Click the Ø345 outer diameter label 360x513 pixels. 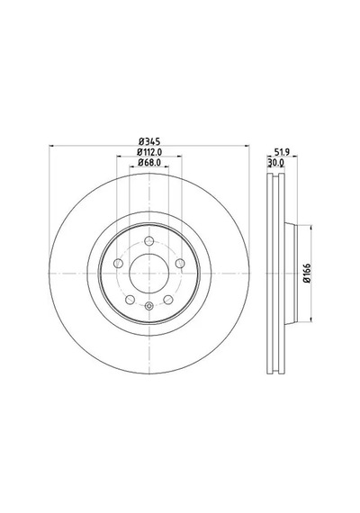149,141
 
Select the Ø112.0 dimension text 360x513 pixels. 149,152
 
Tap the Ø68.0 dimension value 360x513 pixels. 149,162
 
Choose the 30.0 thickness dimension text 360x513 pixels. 276,162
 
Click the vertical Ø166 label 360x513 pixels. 306,273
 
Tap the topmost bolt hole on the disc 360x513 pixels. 149,241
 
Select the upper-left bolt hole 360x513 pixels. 118,263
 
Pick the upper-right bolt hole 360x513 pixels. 180,263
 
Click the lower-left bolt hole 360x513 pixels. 130,300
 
